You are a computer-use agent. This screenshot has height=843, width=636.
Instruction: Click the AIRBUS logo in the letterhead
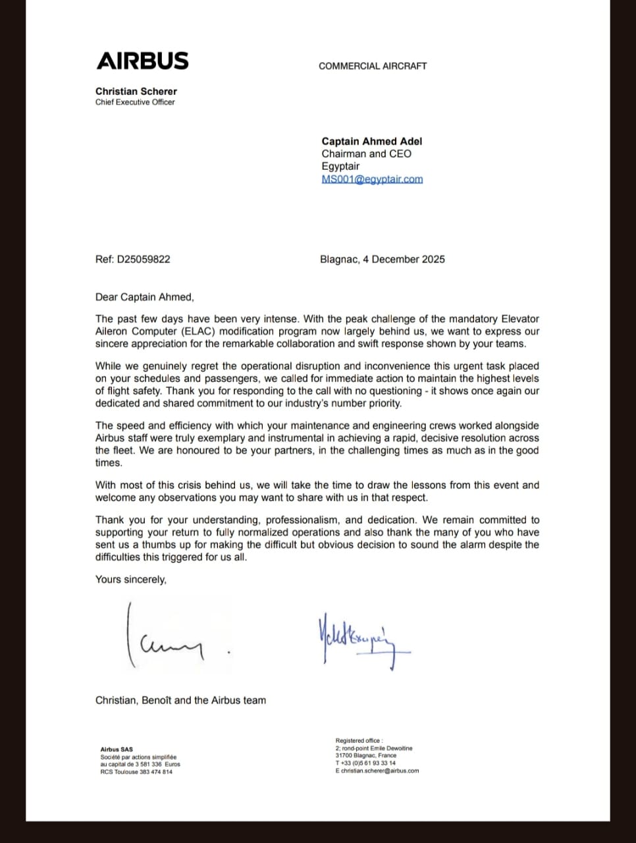pyautogui.click(x=142, y=61)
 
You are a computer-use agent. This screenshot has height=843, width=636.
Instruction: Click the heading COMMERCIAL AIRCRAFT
pyautogui.click(x=373, y=66)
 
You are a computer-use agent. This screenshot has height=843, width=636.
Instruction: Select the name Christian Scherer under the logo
pyautogui.click(x=136, y=92)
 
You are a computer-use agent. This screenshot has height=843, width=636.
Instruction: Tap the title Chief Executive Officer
pyautogui.click(x=135, y=102)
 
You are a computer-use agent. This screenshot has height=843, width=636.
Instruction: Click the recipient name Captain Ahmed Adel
pyautogui.click(x=371, y=141)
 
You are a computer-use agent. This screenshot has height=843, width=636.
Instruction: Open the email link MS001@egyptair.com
pyautogui.click(x=372, y=179)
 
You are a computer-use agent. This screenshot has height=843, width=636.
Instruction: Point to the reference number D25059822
pyautogui.click(x=144, y=259)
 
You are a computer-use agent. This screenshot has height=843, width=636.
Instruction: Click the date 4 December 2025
pyautogui.click(x=404, y=259)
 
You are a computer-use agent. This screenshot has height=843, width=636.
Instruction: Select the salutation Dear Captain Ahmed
pyautogui.click(x=144, y=297)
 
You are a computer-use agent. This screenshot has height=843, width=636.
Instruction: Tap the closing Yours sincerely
pyautogui.click(x=130, y=580)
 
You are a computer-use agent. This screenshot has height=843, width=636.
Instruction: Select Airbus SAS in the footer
pyautogui.click(x=117, y=749)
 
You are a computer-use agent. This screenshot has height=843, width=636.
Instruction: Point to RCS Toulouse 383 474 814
pyautogui.click(x=136, y=772)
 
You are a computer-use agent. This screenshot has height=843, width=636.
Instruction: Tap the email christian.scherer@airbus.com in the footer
pyautogui.click(x=380, y=771)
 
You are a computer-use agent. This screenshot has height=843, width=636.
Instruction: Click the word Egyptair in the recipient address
pyautogui.click(x=340, y=166)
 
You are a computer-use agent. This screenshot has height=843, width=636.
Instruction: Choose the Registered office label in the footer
pyautogui.click(x=359, y=741)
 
